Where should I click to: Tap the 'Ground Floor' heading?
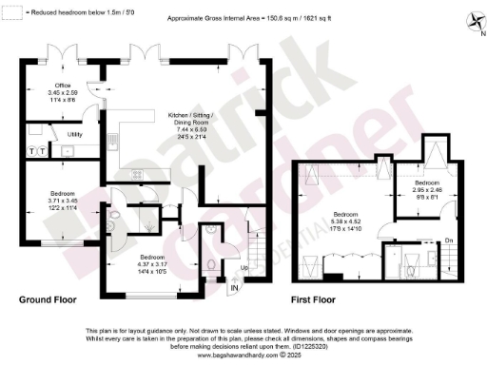click(x=49, y=298)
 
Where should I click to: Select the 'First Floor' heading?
click(x=318, y=298)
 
